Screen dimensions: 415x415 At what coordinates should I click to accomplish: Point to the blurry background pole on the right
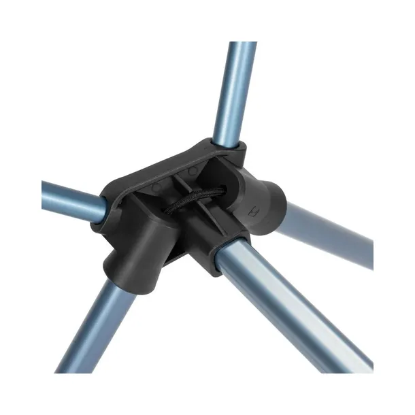pyautogui.click(x=327, y=231)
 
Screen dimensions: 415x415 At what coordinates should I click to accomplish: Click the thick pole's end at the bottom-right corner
pyautogui.click(x=361, y=361)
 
